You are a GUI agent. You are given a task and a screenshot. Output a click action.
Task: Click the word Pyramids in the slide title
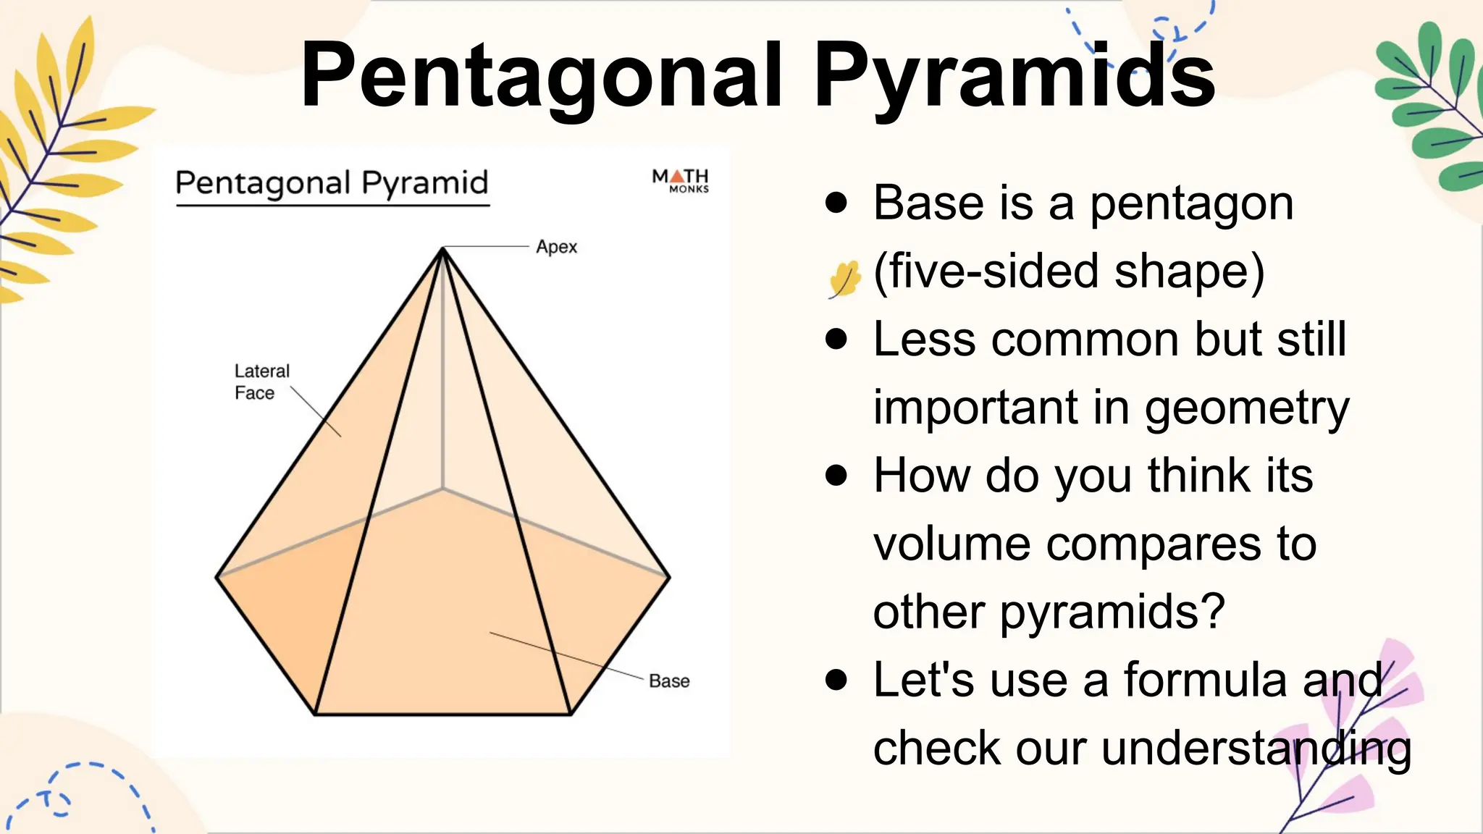tap(1014, 76)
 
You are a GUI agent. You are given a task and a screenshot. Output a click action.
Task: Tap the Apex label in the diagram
tap(556, 247)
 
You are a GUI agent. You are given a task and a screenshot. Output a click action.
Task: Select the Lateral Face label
tap(261, 382)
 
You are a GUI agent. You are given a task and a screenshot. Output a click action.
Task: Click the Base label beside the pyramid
tap(669, 681)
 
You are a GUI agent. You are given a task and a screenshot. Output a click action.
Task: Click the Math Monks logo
tap(680, 180)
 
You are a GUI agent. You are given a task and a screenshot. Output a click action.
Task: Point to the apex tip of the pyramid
tap(442, 249)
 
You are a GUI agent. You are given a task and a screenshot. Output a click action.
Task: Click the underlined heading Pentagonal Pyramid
tap(332, 183)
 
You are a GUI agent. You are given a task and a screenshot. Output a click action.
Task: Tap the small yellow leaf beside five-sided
tap(844, 279)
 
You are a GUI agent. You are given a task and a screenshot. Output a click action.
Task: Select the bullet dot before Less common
tap(836, 339)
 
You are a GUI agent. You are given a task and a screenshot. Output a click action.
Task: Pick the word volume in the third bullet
tap(951, 544)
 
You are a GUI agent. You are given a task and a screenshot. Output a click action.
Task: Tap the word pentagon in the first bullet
tap(1191, 204)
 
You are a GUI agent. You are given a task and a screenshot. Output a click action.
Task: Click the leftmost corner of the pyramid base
tap(217, 577)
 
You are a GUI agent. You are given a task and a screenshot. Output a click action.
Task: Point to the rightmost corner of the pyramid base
tap(669, 577)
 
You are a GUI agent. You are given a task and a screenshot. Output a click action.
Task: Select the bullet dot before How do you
tap(836, 475)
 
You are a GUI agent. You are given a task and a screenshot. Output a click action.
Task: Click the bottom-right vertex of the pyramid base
tap(571, 714)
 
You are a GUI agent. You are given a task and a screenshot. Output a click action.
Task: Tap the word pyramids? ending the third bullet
tap(1112, 612)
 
